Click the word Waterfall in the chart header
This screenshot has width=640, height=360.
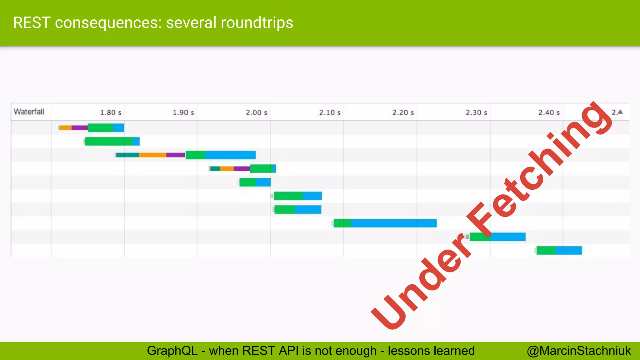click(x=29, y=112)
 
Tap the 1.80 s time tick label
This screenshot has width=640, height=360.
click(x=111, y=112)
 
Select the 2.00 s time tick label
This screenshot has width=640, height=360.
click(x=256, y=112)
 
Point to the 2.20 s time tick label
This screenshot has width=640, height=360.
click(x=403, y=112)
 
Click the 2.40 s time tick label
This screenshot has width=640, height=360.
click(x=549, y=112)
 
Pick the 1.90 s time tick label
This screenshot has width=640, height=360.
click(x=183, y=112)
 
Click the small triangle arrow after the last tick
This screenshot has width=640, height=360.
click(x=620, y=112)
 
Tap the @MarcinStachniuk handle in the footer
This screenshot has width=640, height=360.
click(x=579, y=351)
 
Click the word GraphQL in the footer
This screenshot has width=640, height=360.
click(x=172, y=351)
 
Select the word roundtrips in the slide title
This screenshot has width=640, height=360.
click(x=257, y=23)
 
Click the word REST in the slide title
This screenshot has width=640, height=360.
click(x=32, y=23)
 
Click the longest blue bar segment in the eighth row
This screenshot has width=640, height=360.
click(x=394, y=223)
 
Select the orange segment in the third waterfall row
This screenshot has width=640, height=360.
click(x=152, y=155)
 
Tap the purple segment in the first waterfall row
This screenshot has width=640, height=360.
click(x=79, y=127)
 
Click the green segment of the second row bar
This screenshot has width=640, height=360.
click(x=108, y=141)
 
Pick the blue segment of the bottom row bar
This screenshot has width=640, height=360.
click(x=568, y=250)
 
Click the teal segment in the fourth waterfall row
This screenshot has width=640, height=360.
click(x=215, y=169)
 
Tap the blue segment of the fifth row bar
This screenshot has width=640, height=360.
click(x=263, y=182)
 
